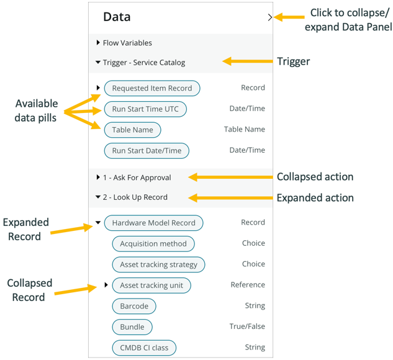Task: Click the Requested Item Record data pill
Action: [x=152, y=88]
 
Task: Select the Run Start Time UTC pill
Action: [x=145, y=109]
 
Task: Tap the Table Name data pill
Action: [x=132, y=130]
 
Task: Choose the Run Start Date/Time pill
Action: [x=147, y=150]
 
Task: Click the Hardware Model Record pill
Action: [x=153, y=223]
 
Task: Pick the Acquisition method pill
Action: [x=153, y=244]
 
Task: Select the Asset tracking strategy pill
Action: [x=158, y=264]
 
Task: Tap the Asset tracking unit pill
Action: [x=151, y=286]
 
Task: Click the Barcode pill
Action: [x=134, y=306]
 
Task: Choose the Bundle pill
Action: [x=132, y=327]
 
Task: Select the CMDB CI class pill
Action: [x=144, y=348]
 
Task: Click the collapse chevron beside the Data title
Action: [x=269, y=17]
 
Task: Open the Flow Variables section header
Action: [x=127, y=43]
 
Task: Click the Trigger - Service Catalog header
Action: [x=143, y=63]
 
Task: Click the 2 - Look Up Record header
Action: [x=135, y=197]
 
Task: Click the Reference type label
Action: [x=248, y=285]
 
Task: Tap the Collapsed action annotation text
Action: [x=315, y=177]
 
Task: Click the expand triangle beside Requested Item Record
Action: [x=99, y=88]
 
